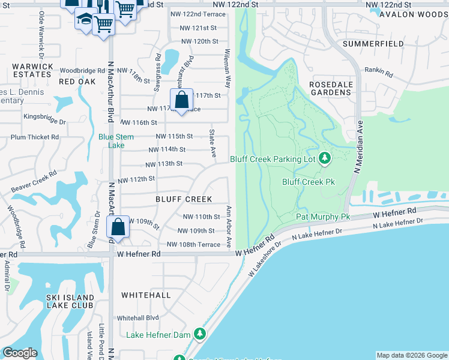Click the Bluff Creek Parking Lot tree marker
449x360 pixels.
325,158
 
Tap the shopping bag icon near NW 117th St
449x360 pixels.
181,100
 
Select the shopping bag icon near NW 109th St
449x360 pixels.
118,227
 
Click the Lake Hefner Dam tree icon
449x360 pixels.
200,334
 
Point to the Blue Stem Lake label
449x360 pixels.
112,140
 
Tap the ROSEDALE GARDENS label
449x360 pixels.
330,88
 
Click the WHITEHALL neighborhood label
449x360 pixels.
146,295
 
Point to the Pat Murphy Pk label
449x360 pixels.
323,217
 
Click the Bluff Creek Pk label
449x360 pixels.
309,182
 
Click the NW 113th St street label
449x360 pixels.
164,163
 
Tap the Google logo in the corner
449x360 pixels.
19,353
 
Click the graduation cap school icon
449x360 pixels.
85,20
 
